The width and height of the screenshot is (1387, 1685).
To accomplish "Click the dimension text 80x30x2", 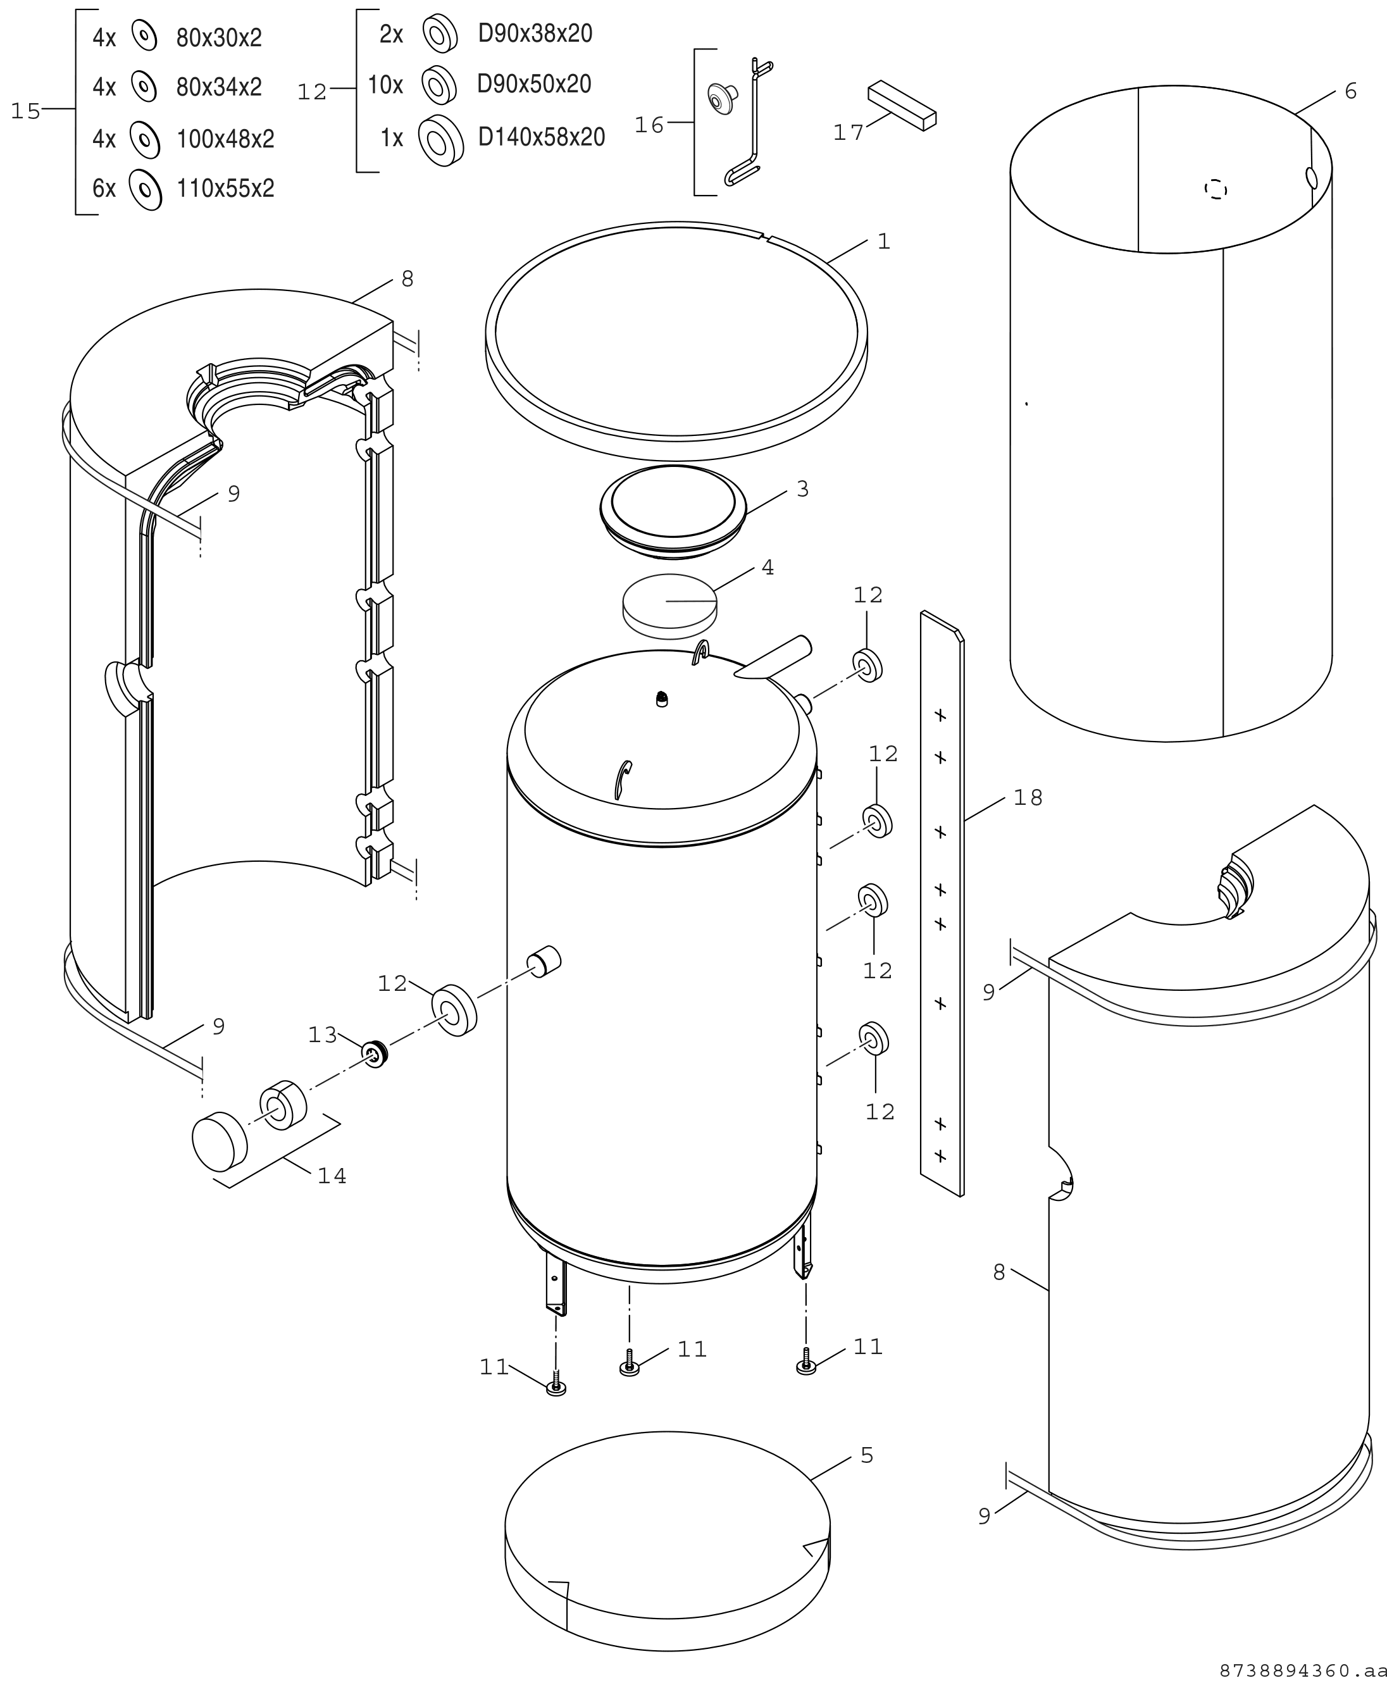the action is [219, 37].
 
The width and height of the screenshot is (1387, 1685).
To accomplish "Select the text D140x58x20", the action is [541, 137].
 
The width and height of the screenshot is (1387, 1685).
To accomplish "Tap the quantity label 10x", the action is [385, 84].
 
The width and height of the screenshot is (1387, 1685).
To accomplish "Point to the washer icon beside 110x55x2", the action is [146, 189].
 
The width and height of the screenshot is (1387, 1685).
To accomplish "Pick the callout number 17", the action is [849, 133].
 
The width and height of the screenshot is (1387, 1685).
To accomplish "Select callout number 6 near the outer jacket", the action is [1350, 91].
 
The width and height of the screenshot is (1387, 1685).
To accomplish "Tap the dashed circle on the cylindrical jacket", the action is [1216, 189].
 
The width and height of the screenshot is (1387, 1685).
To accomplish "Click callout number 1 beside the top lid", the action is [884, 241].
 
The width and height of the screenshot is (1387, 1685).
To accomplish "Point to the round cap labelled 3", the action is [673, 511].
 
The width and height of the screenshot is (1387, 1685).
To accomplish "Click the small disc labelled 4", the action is [669, 606].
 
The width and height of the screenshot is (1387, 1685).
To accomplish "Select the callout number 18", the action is [1028, 797].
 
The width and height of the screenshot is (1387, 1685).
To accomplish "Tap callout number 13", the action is [323, 1035].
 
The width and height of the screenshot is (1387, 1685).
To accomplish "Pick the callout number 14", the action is [332, 1176].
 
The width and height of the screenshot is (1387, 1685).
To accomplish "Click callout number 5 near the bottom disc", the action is [867, 1456].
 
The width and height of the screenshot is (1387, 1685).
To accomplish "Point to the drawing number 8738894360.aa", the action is [1302, 1669].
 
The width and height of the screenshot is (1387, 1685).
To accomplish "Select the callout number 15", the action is [25, 111].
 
